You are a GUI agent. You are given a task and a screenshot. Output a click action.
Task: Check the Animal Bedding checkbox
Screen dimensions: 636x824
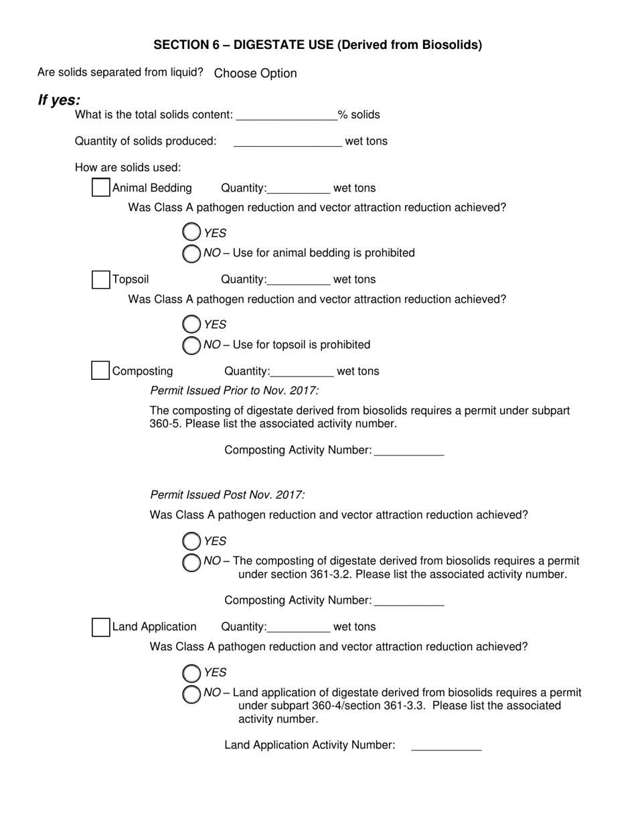click(x=100, y=188)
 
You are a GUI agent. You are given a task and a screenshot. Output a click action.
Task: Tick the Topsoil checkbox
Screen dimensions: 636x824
click(x=100, y=279)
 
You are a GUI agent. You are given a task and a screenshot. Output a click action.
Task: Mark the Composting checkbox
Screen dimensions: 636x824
click(x=100, y=370)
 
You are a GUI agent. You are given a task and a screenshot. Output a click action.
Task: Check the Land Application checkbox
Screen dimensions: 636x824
click(x=100, y=627)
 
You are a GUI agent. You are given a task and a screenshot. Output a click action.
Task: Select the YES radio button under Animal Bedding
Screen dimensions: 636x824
click(x=191, y=232)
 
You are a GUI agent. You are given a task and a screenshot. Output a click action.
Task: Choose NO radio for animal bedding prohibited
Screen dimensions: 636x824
click(x=191, y=253)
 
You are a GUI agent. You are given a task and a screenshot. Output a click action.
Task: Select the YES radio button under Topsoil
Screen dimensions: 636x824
click(x=191, y=324)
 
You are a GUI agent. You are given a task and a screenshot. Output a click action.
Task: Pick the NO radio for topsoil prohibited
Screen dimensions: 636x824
click(x=191, y=344)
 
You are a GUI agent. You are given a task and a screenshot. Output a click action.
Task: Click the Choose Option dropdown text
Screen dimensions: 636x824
click(x=255, y=73)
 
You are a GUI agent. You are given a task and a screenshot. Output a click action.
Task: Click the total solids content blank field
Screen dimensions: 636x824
click(x=287, y=115)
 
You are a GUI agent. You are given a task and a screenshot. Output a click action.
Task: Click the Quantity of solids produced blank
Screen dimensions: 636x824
click(x=288, y=141)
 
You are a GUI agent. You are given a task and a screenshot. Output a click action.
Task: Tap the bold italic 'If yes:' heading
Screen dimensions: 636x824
click(x=59, y=100)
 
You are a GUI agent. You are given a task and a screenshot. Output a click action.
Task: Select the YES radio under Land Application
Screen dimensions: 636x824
click(x=191, y=673)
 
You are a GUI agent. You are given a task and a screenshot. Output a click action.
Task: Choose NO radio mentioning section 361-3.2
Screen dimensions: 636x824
click(x=191, y=561)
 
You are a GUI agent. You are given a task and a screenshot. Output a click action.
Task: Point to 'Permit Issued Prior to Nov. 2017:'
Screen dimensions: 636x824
click(x=234, y=391)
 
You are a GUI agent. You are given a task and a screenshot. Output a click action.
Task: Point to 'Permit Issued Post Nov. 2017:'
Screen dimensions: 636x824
click(x=228, y=495)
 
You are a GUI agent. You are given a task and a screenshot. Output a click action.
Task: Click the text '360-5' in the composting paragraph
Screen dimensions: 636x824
click(x=163, y=424)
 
